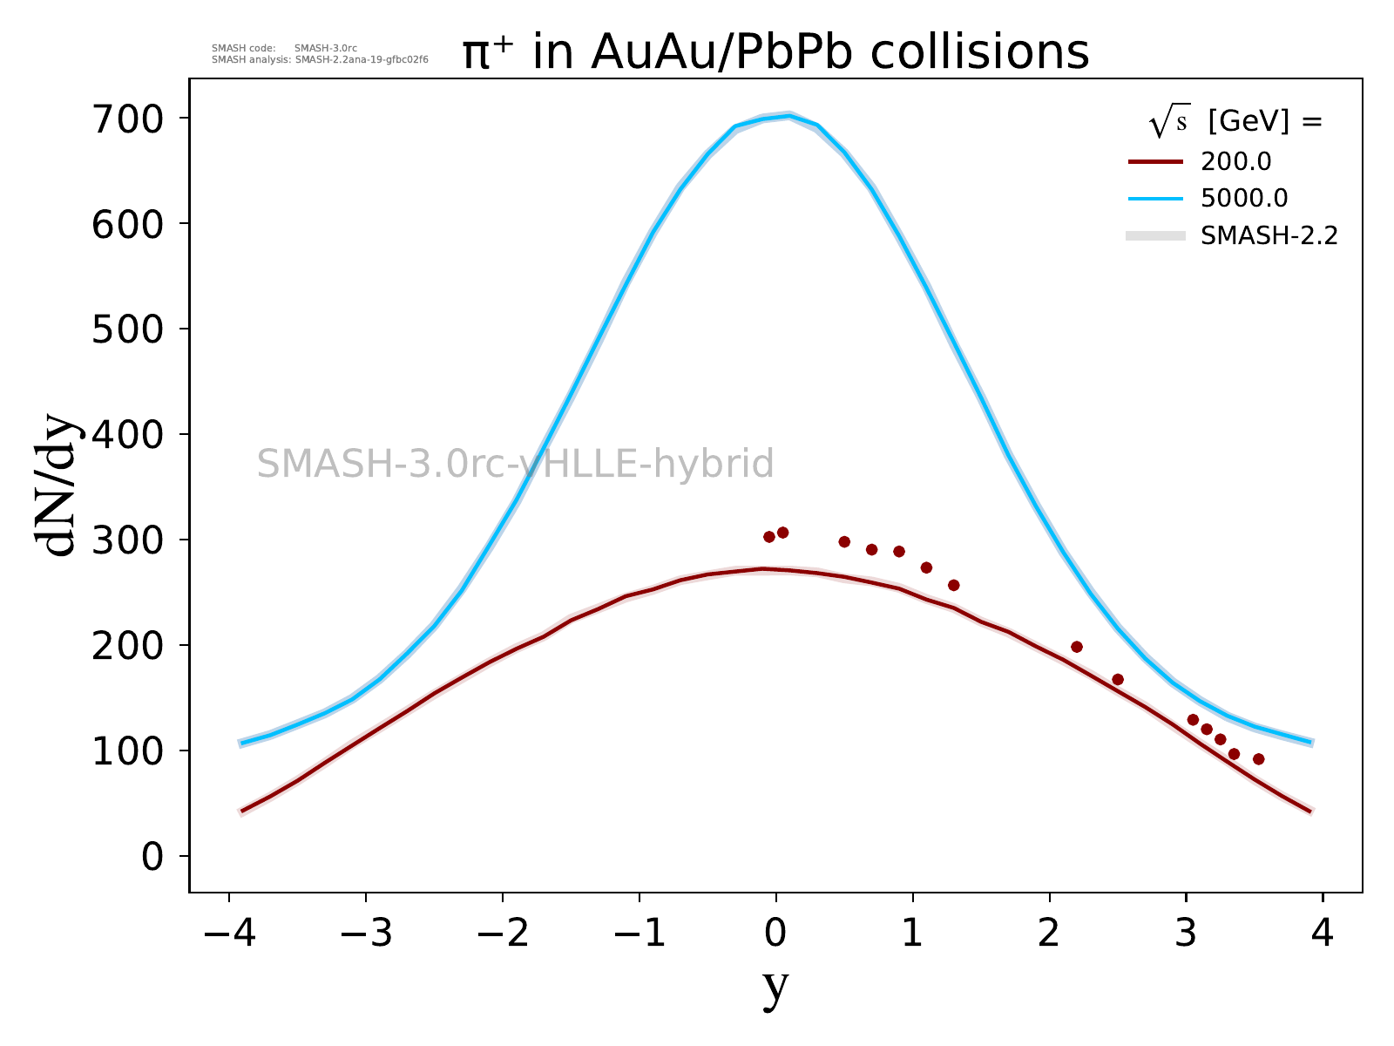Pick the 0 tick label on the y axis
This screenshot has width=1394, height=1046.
click(x=152, y=857)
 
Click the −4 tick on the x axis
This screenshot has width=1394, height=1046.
click(x=229, y=934)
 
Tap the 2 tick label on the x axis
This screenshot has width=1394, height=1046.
click(x=1050, y=934)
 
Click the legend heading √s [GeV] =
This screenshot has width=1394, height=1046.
click(x=1235, y=123)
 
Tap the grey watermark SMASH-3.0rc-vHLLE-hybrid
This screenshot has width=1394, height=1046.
click(x=515, y=464)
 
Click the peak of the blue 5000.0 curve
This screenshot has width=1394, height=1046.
click(x=789, y=115)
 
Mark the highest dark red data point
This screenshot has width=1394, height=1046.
click(x=782, y=533)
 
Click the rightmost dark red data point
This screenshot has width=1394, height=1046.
click(x=1258, y=759)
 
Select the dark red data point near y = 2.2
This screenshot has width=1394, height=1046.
click(x=1077, y=647)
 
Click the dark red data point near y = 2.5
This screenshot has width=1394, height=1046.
click(x=1118, y=680)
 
